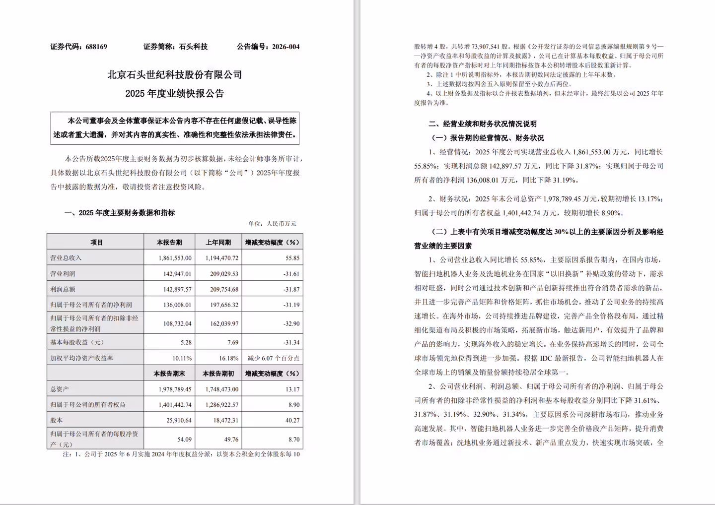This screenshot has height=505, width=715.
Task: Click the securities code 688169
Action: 96,47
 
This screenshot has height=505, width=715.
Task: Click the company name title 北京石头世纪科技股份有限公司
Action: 175,75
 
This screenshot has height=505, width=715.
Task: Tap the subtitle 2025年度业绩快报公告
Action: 175,93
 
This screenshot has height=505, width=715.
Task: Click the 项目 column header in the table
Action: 96,243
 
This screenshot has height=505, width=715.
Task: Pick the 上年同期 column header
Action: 218,243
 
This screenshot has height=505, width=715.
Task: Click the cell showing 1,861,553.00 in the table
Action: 175,258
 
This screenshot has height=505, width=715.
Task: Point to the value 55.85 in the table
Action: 292,258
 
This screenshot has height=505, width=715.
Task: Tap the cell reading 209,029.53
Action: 224,274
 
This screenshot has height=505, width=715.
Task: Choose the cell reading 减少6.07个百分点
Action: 274,358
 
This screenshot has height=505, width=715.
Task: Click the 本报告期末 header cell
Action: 169,374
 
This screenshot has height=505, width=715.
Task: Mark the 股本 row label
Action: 57,420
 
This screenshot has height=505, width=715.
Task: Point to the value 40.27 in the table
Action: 292,420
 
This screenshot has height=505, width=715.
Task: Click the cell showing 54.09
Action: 184,439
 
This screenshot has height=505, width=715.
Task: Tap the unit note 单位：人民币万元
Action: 272,224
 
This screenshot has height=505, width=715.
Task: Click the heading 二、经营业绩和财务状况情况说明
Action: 483,124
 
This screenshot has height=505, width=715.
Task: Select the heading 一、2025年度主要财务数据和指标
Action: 120,213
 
